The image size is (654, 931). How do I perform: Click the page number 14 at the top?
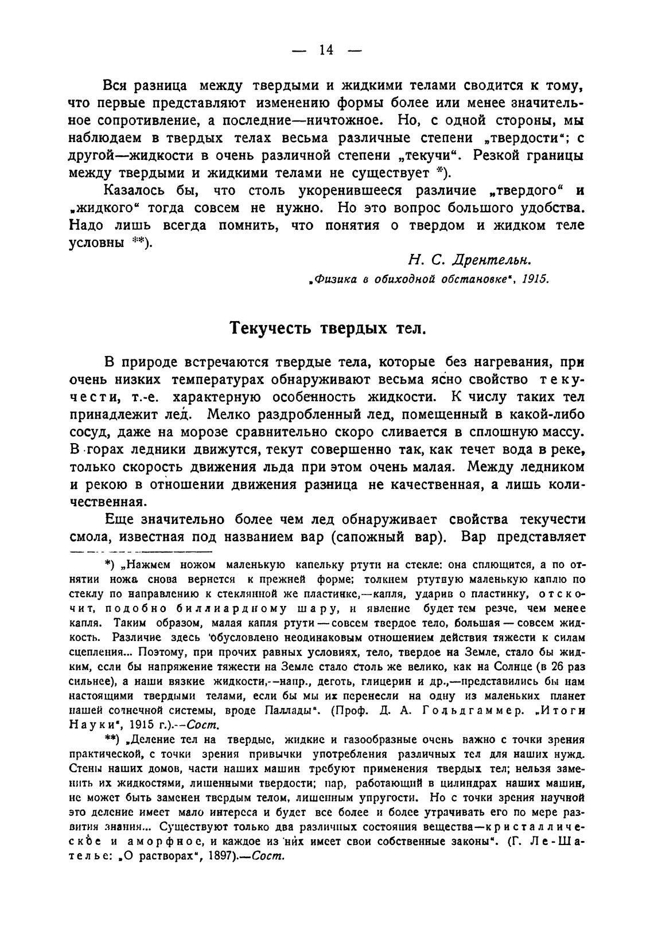pos(326,50)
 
